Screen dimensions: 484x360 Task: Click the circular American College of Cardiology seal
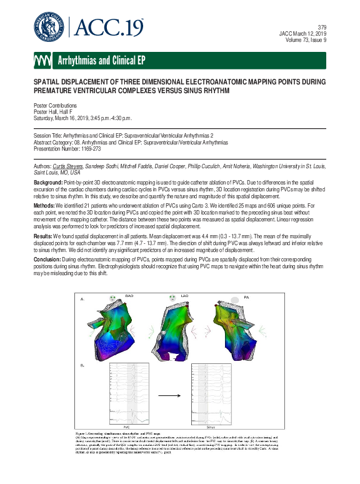pyautogui.click(x=50, y=26)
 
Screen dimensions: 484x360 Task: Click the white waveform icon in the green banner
pyautogui.click(x=44, y=60)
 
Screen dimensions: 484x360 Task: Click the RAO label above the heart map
pyautogui.click(x=130, y=295)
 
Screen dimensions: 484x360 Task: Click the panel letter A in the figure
pyautogui.click(x=82, y=300)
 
